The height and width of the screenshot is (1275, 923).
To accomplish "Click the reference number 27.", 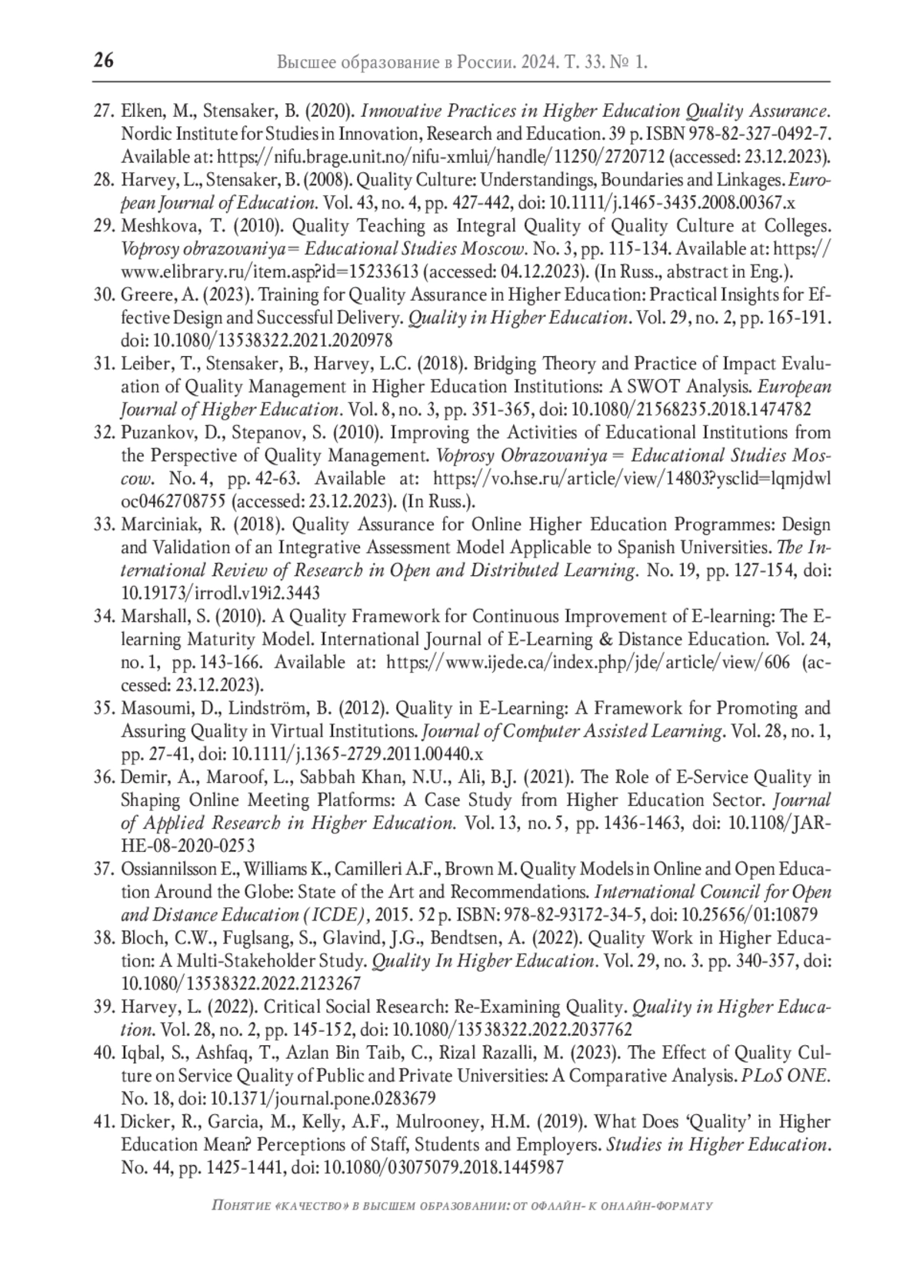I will (x=104, y=111).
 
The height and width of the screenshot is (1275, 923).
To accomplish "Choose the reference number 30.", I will (x=104, y=295).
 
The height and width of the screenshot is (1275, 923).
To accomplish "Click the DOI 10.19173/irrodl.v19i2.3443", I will (x=220, y=593).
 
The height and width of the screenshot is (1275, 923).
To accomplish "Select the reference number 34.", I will (x=104, y=616).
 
